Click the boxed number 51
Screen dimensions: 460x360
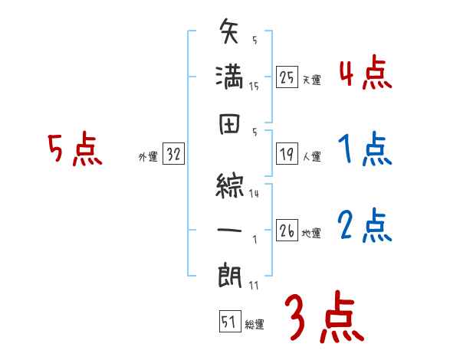[x=228, y=322]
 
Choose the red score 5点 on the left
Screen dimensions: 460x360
[x=74, y=149]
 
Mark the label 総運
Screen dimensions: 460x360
[x=255, y=325]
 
